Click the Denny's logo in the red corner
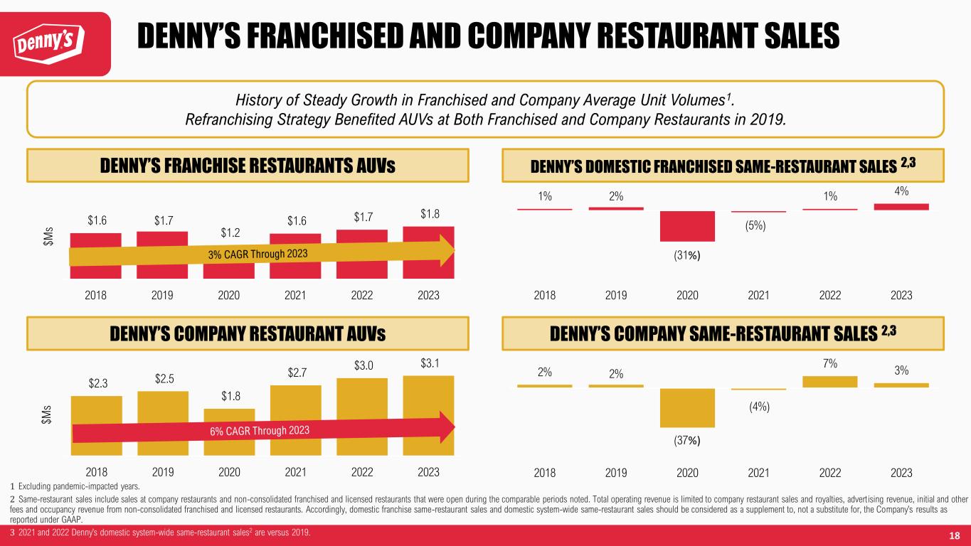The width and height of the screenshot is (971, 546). [55, 44]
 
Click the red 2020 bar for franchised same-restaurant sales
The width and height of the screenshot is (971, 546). [686, 226]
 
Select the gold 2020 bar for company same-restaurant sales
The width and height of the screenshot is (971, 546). [686, 407]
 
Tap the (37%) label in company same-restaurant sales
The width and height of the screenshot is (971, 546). [686, 440]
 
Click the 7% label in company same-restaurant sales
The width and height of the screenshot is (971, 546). [829, 363]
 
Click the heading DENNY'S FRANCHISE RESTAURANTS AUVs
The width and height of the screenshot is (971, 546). [248, 166]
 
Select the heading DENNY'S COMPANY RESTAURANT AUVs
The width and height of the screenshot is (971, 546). [248, 333]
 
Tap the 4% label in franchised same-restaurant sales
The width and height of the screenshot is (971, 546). [901, 191]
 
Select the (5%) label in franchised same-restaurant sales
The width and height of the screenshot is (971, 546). [758, 225]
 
